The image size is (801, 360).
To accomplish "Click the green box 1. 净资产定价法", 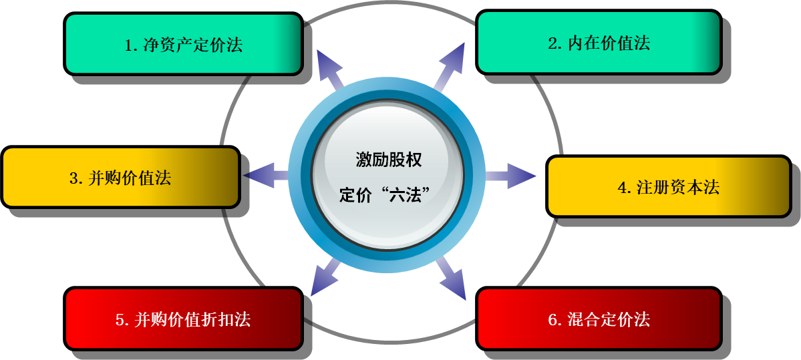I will click(x=183, y=43).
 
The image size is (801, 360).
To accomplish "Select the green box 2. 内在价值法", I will click(x=599, y=42).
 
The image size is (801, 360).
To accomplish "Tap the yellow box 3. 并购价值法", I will click(x=120, y=177).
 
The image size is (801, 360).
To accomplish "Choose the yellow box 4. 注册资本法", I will click(x=668, y=186).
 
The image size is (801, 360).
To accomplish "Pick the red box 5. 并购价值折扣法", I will click(x=183, y=319).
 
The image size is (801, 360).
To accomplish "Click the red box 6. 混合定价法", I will click(x=599, y=319).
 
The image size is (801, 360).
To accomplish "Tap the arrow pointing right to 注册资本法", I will click(x=511, y=176).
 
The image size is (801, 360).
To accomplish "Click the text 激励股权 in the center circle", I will click(x=389, y=160).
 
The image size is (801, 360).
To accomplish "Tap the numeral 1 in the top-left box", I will click(x=129, y=45).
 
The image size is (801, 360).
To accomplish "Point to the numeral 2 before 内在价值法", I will click(x=552, y=44).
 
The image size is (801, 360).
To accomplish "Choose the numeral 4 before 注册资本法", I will click(x=622, y=188).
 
